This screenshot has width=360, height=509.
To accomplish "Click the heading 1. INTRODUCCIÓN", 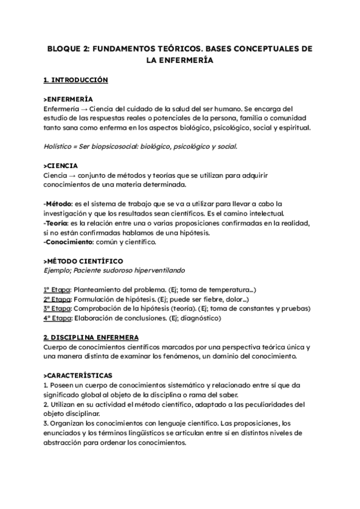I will point(76,79).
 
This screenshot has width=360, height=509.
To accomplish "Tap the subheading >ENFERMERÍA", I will point(67,98).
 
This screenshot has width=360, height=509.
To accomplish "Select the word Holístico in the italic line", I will point(61,146).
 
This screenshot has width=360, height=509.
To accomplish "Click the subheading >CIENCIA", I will point(61,165).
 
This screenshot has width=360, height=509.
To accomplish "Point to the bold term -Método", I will point(59,203).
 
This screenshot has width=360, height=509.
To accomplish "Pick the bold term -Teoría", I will point(58,223).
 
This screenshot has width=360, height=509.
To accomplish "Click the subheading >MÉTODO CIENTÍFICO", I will point(83,261).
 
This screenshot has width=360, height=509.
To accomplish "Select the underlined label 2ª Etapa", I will point(58,300).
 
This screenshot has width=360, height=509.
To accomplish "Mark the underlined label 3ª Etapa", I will point(58,309).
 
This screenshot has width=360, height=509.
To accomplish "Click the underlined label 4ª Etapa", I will point(58,319).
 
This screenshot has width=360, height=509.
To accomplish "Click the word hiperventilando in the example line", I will point(176,271).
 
